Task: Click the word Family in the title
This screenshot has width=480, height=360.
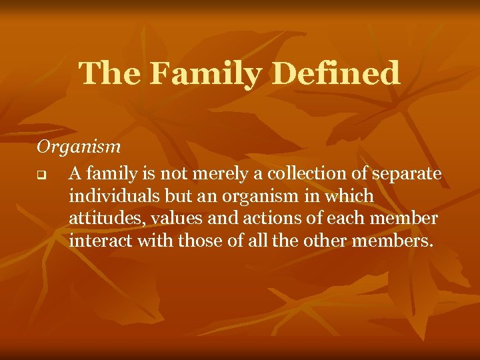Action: point(204,73)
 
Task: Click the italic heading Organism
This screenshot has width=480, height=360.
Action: point(79,146)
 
